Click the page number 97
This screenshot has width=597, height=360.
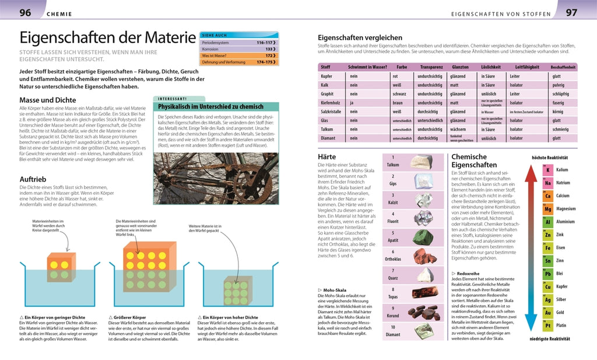(x=572, y=12)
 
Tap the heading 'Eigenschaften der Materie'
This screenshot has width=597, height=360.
(x=107, y=39)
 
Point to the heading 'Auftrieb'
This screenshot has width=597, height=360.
(x=37, y=179)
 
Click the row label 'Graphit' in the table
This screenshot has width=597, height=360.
(x=328, y=94)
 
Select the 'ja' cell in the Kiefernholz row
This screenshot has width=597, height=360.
(x=353, y=103)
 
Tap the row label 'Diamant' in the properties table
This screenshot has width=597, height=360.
(x=328, y=138)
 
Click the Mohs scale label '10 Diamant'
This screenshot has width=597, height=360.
(x=393, y=331)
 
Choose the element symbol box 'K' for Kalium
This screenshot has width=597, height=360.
(x=547, y=170)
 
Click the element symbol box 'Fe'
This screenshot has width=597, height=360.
(x=547, y=247)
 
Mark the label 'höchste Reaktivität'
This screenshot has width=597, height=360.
(x=550, y=158)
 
